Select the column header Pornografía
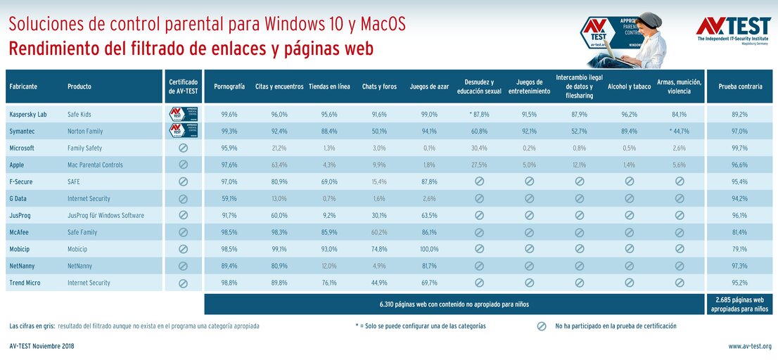229,86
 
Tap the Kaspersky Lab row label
28,114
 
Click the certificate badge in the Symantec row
183,131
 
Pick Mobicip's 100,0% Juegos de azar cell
429,249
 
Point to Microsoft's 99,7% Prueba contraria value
739,148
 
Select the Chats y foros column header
379,86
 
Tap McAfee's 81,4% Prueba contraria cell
739,232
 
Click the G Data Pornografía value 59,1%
229,198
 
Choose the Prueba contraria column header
739,86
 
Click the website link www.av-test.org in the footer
749,346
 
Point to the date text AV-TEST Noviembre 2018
42,346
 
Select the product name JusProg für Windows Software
106,215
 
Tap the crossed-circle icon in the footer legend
542,326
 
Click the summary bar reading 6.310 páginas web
454,304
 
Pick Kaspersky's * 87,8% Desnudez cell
479,114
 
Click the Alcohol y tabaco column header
629,86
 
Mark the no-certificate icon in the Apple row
183,165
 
